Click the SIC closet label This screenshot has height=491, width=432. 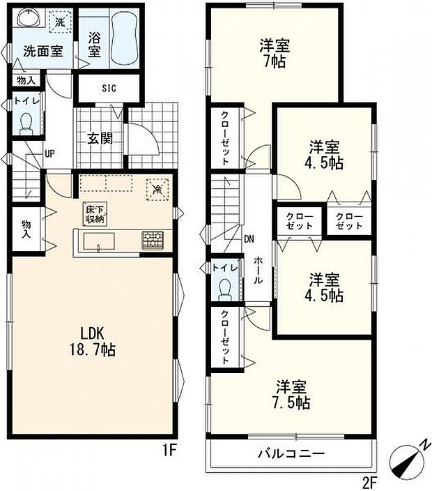point(109,88)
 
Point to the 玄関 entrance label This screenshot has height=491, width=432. point(100,137)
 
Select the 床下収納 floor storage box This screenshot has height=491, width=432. point(95,213)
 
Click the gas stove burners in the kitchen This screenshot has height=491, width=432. point(153,239)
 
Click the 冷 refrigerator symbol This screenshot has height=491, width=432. point(157,188)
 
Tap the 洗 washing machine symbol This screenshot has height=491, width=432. point(60,22)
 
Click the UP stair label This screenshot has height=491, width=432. point(50,154)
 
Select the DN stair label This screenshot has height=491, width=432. point(249,240)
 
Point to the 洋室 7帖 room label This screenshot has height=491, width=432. point(275,52)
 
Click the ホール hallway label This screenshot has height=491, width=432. point(258,269)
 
